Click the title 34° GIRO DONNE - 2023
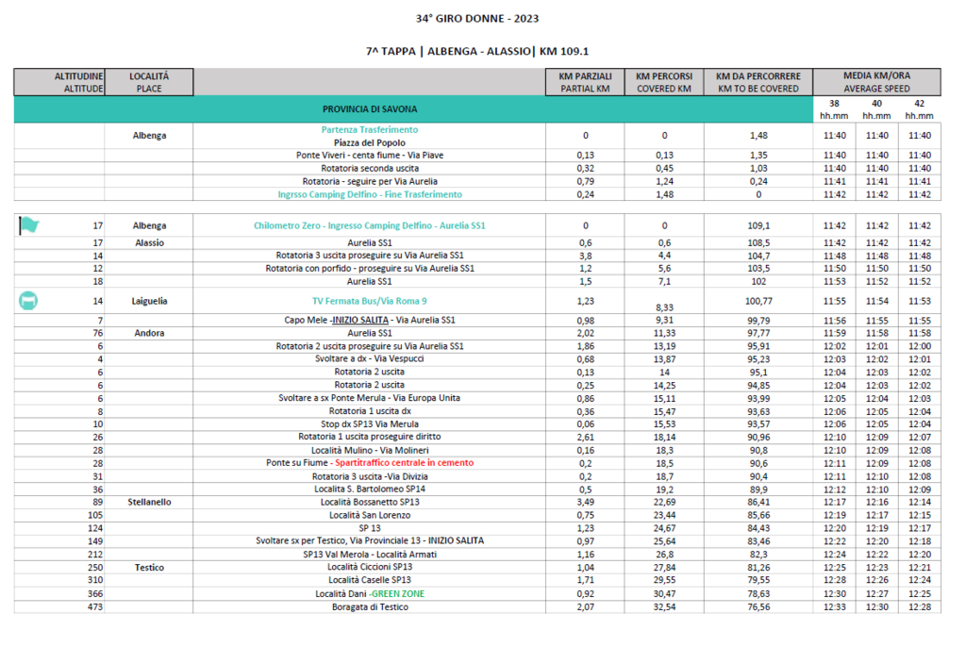pos(477,18)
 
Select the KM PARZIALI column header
pos(585,81)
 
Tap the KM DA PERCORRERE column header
pos(758,81)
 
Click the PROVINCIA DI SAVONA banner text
pos(370,109)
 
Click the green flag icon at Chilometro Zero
pos(29,225)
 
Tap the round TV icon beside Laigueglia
pos(28,301)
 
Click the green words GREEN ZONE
pos(398,593)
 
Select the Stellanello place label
pos(149,503)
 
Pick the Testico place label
pos(149,568)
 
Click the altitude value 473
pos(92,606)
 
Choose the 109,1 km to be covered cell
pos(758,226)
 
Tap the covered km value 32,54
pos(664,606)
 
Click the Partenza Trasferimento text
pos(370,129)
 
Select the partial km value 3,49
pos(585,503)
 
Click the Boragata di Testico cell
pos(370,606)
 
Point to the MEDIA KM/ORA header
pos(876,75)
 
